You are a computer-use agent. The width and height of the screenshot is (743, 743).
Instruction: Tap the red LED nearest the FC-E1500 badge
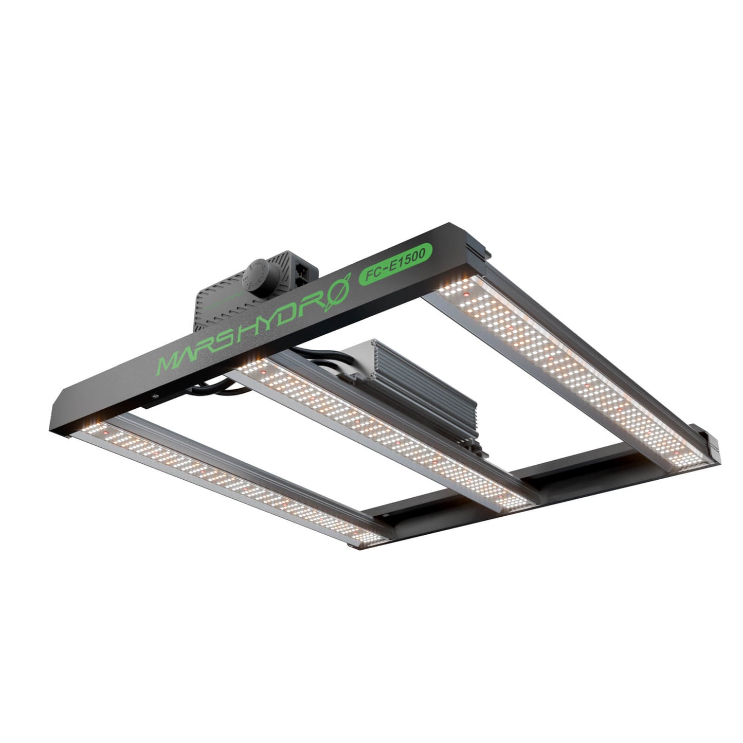466,295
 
